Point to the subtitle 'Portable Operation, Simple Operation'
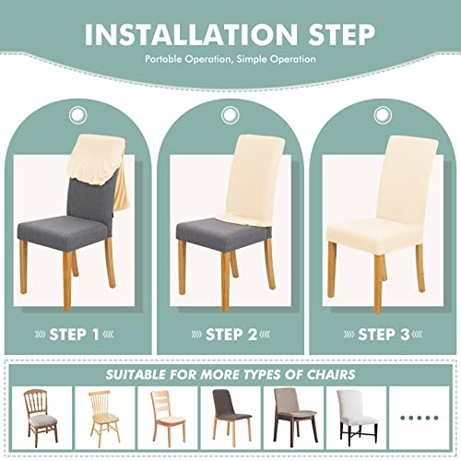tap(230, 60)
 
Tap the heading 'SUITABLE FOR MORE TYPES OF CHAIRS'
tap(230, 373)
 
